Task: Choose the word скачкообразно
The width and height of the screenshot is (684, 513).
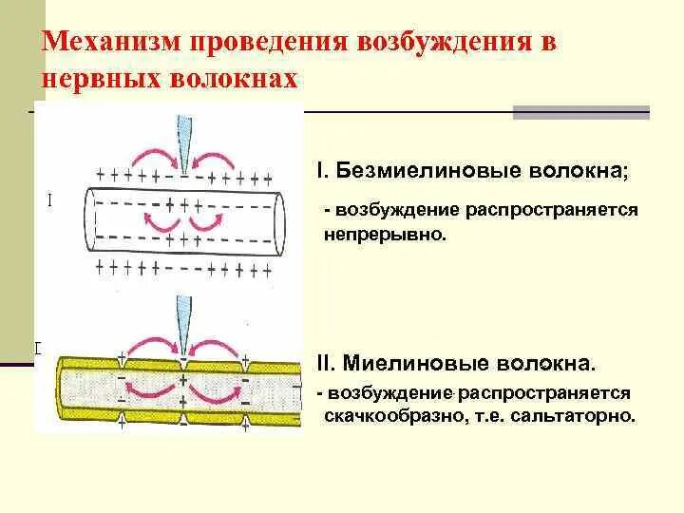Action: (x=389, y=416)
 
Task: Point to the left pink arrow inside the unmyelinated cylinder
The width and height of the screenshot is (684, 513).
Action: (x=156, y=222)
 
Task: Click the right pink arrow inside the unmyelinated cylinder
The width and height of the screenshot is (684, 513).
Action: (x=208, y=222)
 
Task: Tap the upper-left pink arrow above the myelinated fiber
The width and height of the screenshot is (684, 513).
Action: (x=151, y=348)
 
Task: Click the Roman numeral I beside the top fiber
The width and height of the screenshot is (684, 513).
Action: (x=48, y=200)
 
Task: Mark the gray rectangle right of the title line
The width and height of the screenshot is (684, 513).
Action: (x=580, y=112)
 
